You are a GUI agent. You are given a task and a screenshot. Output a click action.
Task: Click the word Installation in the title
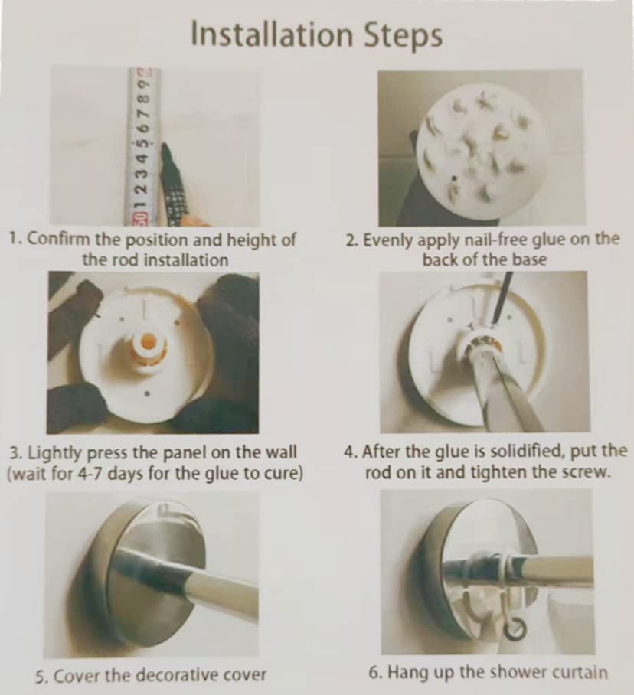271,34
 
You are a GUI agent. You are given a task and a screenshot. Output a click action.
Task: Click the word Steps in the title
403,36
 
